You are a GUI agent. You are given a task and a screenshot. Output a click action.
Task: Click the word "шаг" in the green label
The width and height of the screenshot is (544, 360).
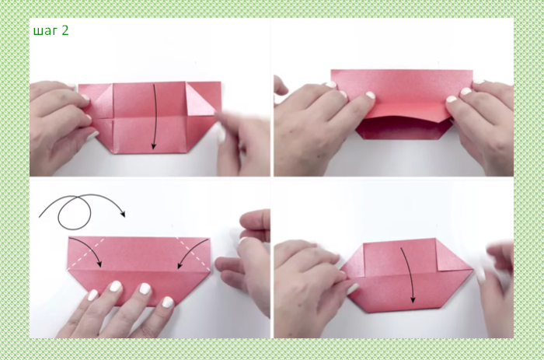pos(45,31)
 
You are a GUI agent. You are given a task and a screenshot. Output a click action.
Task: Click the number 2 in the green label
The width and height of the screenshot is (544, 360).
pos(65,30)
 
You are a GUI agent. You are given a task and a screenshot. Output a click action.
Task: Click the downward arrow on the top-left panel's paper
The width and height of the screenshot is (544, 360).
pos(155,117)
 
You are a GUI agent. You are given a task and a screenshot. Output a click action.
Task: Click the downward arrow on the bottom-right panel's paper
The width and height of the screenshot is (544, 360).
pos(410,274)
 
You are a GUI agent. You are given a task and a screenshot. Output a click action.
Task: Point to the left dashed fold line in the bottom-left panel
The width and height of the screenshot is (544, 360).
pos(87,253)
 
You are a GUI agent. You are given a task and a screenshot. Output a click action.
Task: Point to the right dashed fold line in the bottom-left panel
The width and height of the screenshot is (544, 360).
pos(193,253)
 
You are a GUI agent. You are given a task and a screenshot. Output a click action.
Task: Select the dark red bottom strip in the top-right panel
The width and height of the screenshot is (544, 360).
pos(403,129)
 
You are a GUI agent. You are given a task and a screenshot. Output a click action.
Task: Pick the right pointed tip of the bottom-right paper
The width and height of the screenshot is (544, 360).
pos(473,269)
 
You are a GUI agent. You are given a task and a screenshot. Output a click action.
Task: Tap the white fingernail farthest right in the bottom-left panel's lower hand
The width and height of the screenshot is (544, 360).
pos(168,302)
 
